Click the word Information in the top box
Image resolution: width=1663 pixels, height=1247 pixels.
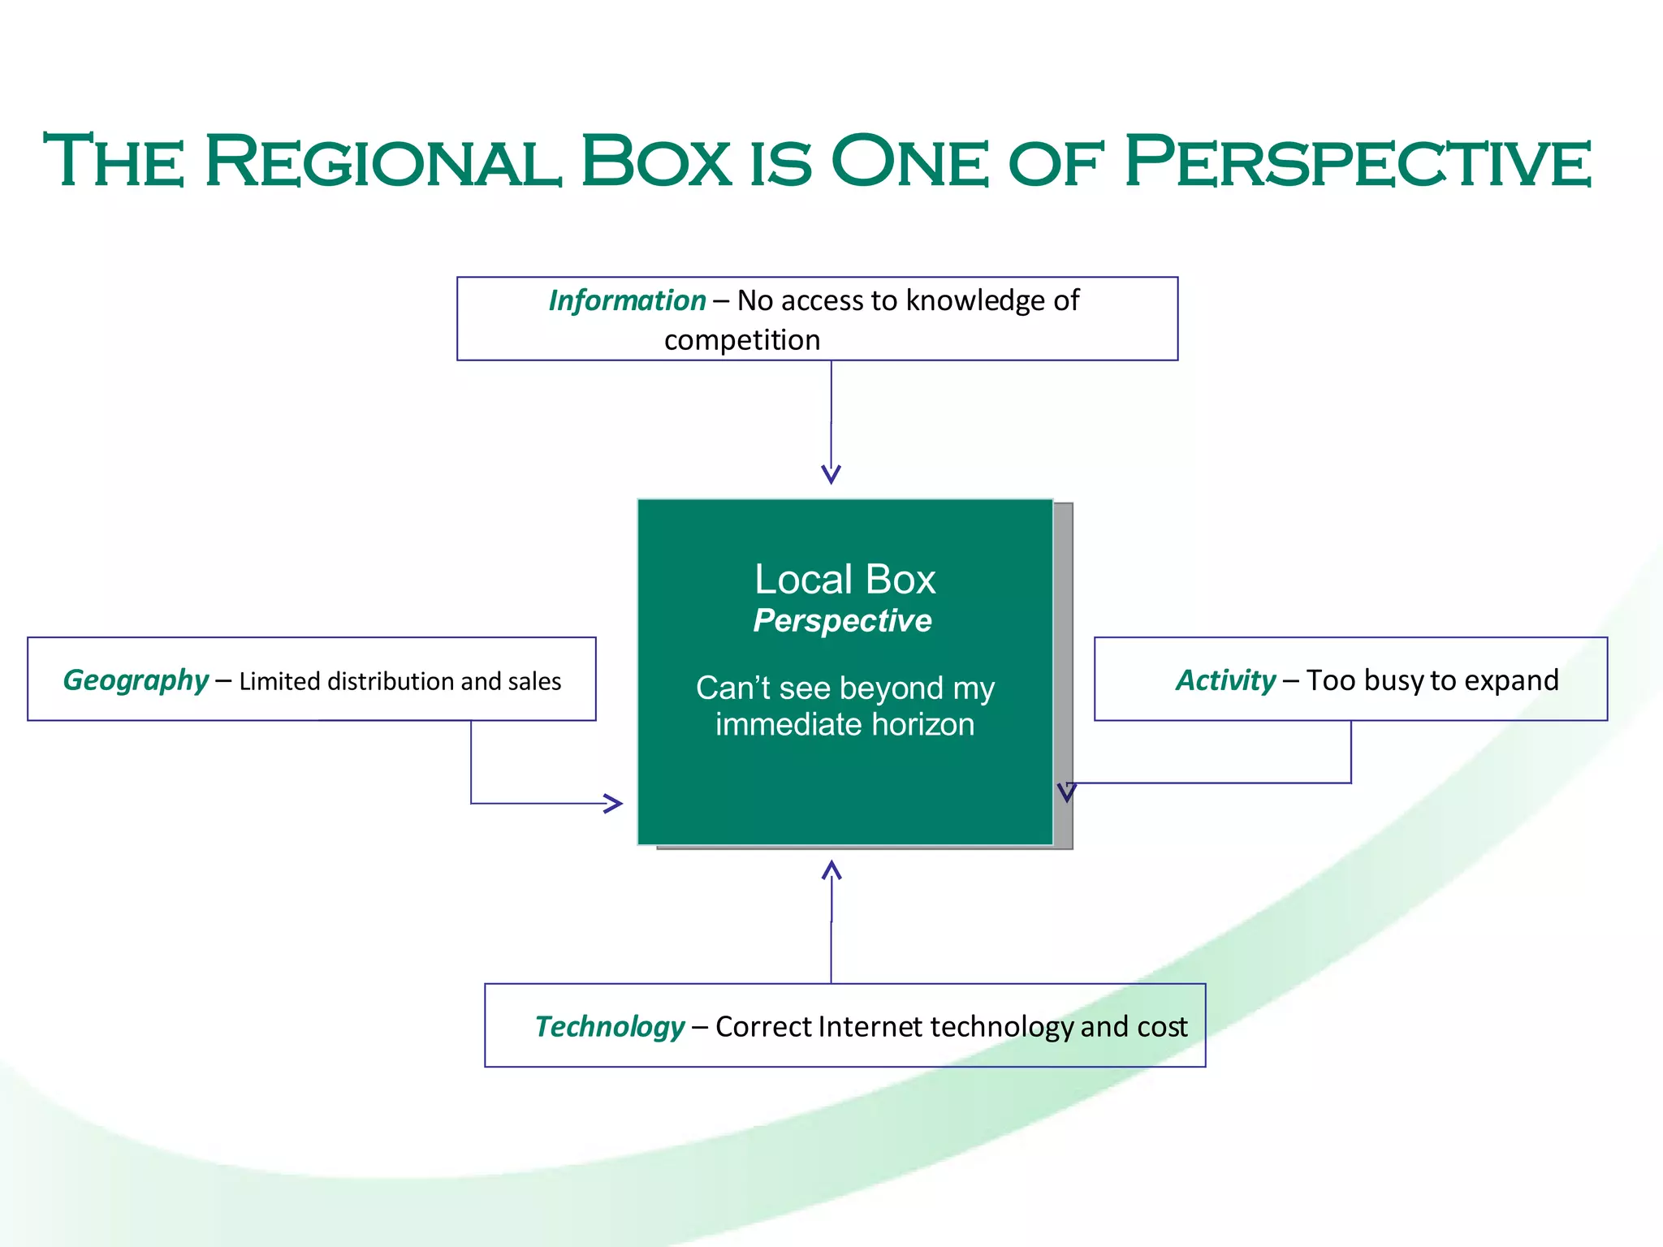click(627, 301)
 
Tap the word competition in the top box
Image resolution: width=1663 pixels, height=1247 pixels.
click(742, 340)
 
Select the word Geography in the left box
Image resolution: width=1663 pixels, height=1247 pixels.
click(136, 680)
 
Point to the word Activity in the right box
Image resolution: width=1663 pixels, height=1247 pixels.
click(1226, 680)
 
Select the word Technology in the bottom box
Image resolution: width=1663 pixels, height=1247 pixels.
click(610, 1027)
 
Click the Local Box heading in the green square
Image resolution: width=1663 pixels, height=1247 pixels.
click(844, 580)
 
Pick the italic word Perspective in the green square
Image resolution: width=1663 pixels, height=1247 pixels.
click(842, 621)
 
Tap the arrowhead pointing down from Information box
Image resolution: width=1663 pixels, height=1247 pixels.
click(831, 474)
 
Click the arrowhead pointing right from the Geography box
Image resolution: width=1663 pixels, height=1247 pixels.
click(614, 804)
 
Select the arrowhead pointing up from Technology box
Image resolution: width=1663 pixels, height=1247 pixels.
click(831, 870)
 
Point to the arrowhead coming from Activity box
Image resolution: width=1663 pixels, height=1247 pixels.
click(1066, 792)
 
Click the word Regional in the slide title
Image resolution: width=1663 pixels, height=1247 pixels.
click(382, 162)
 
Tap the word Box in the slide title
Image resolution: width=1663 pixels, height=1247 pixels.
click(656, 162)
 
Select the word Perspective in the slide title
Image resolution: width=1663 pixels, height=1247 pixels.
click(1357, 162)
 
